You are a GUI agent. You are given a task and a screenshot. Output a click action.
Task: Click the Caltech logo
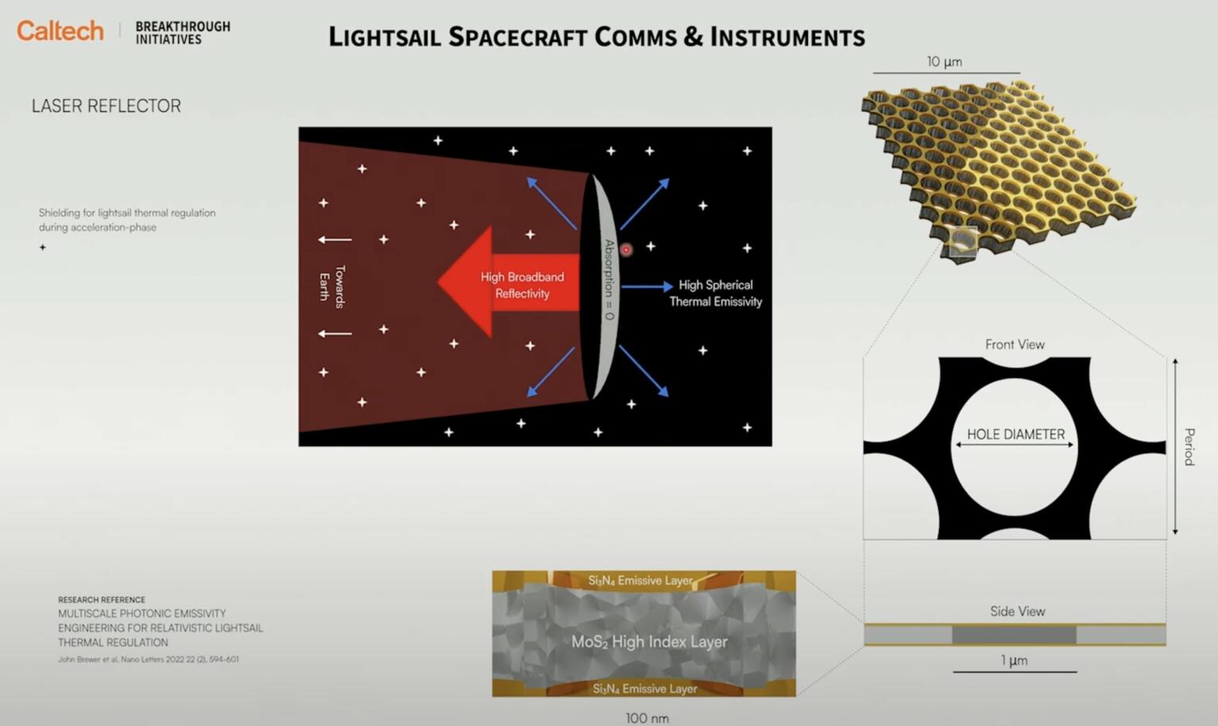[x=60, y=31]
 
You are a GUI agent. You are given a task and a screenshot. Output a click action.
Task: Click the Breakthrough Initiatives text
[x=182, y=33]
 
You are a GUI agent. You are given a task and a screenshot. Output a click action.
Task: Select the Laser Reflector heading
[x=106, y=106]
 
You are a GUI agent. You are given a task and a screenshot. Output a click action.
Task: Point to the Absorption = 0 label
[x=609, y=279]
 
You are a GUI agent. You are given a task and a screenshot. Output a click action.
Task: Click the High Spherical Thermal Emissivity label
[x=715, y=293]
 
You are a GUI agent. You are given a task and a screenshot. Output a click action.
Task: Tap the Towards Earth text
[x=332, y=286]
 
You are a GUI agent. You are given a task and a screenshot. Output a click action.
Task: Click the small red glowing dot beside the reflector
[x=626, y=250]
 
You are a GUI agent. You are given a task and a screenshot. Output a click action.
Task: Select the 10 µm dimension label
[x=944, y=62]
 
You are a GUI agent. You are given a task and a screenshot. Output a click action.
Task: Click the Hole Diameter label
[x=1016, y=435]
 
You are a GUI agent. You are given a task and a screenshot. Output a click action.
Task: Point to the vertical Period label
[x=1189, y=447]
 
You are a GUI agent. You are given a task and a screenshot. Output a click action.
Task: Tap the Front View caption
[x=1015, y=344]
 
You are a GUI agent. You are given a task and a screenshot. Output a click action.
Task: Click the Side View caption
[x=1017, y=611]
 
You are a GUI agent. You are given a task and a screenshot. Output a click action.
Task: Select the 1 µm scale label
[x=1014, y=660]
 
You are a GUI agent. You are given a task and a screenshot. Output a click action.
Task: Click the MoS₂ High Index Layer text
[x=649, y=641]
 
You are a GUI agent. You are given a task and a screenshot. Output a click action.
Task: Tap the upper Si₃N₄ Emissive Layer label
[x=641, y=581]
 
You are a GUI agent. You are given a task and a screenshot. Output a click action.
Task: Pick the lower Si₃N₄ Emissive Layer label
[x=645, y=688]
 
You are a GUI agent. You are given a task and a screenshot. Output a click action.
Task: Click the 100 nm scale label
[x=647, y=718]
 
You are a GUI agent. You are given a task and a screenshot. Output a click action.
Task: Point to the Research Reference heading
[x=101, y=600]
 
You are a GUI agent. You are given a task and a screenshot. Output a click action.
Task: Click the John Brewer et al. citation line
[x=148, y=659]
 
